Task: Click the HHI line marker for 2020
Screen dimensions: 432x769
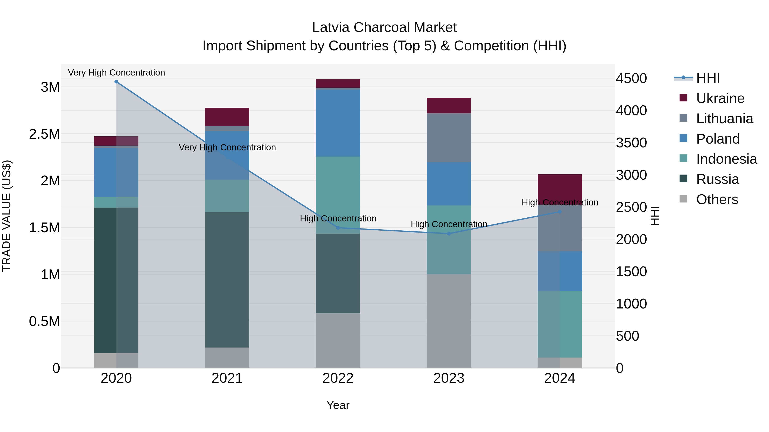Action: click(x=116, y=82)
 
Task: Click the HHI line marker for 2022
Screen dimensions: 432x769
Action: click(x=338, y=228)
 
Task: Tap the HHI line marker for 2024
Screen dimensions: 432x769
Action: click(x=560, y=212)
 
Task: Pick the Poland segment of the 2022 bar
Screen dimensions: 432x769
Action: click(x=338, y=123)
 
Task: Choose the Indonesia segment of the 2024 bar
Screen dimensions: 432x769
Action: click(x=560, y=324)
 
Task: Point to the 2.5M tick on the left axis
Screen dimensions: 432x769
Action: click(x=44, y=134)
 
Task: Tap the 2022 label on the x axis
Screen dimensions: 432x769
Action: click(x=338, y=378)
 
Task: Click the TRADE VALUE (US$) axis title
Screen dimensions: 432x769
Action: click(x=7, y=216)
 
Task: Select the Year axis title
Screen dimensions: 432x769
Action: click(x=338, y=405)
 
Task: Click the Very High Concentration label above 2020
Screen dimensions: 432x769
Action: click(x=116, y=73)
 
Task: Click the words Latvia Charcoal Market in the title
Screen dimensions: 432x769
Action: click(x=384, y=28)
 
